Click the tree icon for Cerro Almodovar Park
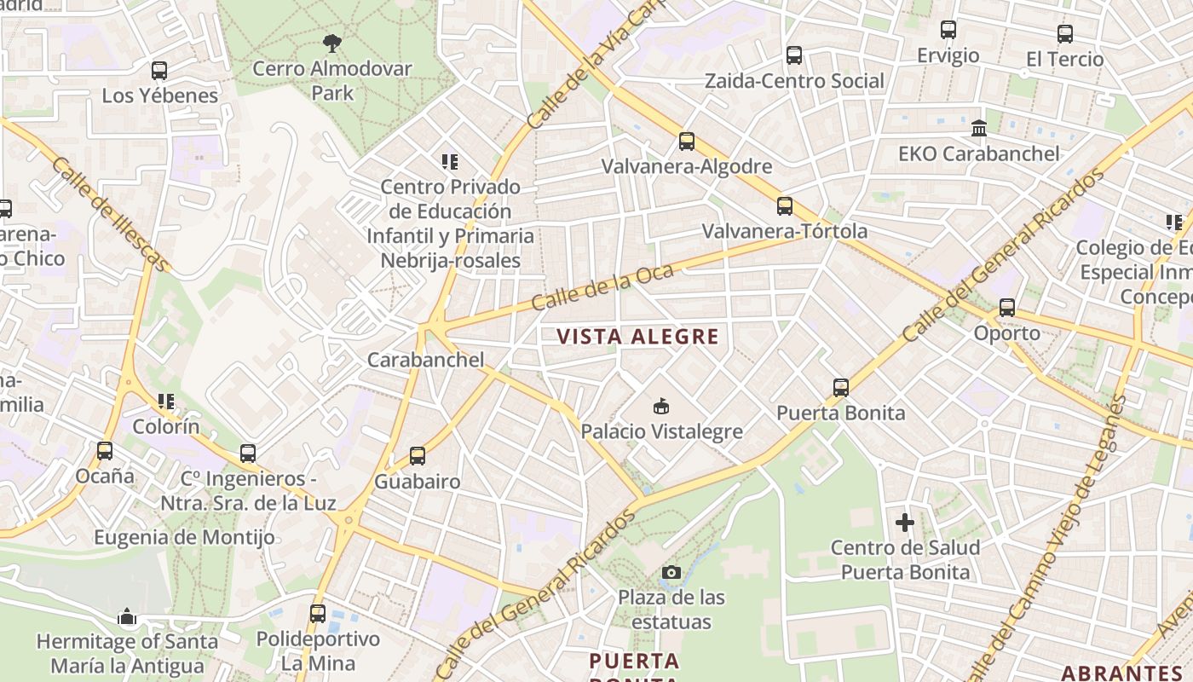(332, 42)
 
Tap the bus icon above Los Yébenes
(159, 71)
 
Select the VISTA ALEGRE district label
(638, 337)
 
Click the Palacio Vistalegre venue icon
(660, 407)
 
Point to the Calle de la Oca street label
(602, 287)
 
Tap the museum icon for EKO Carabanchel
(979, 129)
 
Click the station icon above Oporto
(1007, 308)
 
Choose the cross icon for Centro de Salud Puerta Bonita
(905, 522)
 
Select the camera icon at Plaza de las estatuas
(671, 572)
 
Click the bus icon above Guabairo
(418, 456)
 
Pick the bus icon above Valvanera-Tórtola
(785, 206)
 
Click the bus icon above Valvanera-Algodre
(687, 142)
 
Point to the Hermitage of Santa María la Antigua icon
(127, 616)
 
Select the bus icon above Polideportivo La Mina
(318, 613)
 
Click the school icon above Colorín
(165, 402)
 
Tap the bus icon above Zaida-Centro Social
(794, 55)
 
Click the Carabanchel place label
(425, 360)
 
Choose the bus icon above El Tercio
(1065, 34)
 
